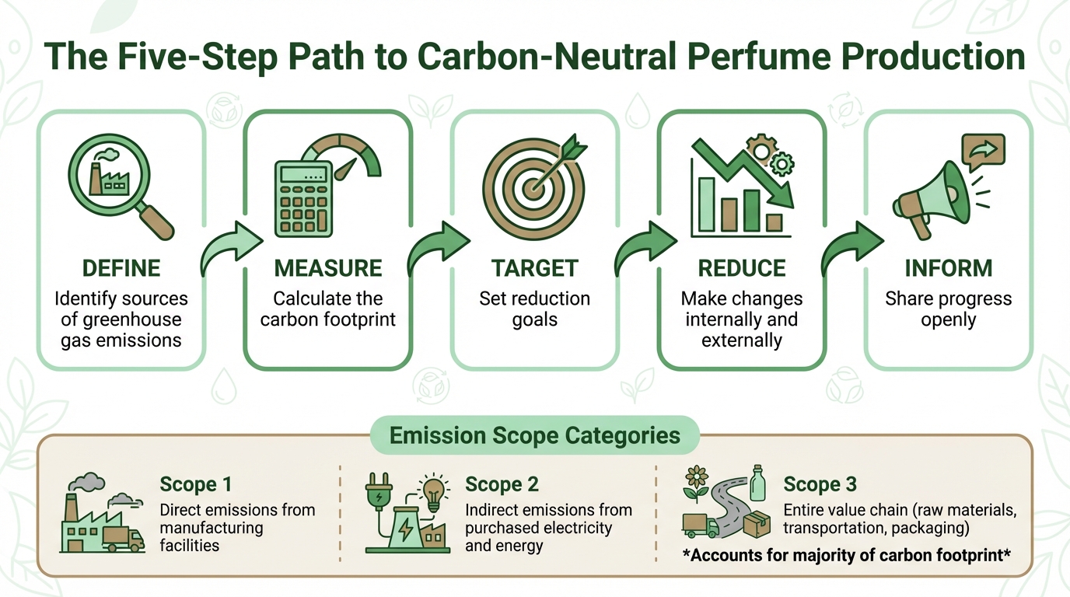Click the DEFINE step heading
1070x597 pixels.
point(121,269)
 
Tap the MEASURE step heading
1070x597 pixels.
point(327,269)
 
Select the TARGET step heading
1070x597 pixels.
point(534,269)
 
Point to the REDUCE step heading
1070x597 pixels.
point(741,269)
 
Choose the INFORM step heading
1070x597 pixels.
point(948,269)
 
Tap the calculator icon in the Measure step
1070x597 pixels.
point(304,197)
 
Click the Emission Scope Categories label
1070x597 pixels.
point(535,435)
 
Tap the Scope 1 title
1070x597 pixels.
point(196,484)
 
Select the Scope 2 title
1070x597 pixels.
point(502,484)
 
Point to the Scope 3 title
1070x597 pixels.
point(820,484)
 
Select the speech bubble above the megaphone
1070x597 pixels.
point(983,149)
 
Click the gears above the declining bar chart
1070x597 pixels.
point(771,154)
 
